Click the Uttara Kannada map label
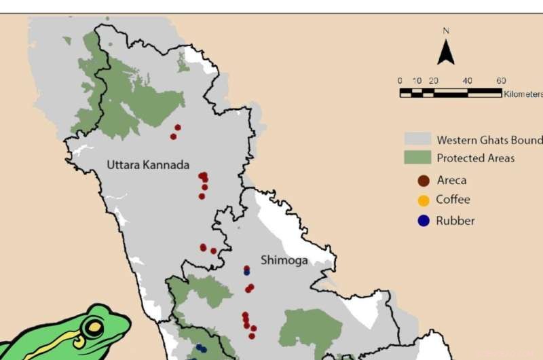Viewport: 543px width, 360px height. [x=147, y=165]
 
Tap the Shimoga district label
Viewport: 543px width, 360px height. [x=284, y=260]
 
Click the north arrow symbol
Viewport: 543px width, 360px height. [x=446, y=52]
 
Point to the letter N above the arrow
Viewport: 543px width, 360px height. [x=446, y=31]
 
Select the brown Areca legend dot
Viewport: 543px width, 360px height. [x=424, y=181]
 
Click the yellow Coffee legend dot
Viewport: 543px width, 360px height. [x=424, y=200]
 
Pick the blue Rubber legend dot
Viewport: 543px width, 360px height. [x=424, y=221]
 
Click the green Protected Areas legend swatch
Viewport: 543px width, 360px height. [x=417, y=158]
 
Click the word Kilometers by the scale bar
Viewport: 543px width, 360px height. [x=523, y=94]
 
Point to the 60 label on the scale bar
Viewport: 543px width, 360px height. [x=501, y=81]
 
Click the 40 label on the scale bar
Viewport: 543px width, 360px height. [x=467, y=81]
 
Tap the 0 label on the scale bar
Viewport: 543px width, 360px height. [x=400, y=81]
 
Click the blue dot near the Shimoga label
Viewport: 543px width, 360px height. [x=246, y=272]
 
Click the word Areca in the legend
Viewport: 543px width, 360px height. [x=451, y=181]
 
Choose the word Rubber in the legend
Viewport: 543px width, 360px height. [x=455, y=221]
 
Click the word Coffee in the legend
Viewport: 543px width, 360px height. [x=453, y=200]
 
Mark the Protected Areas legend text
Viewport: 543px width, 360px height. [x=475, y=158]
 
